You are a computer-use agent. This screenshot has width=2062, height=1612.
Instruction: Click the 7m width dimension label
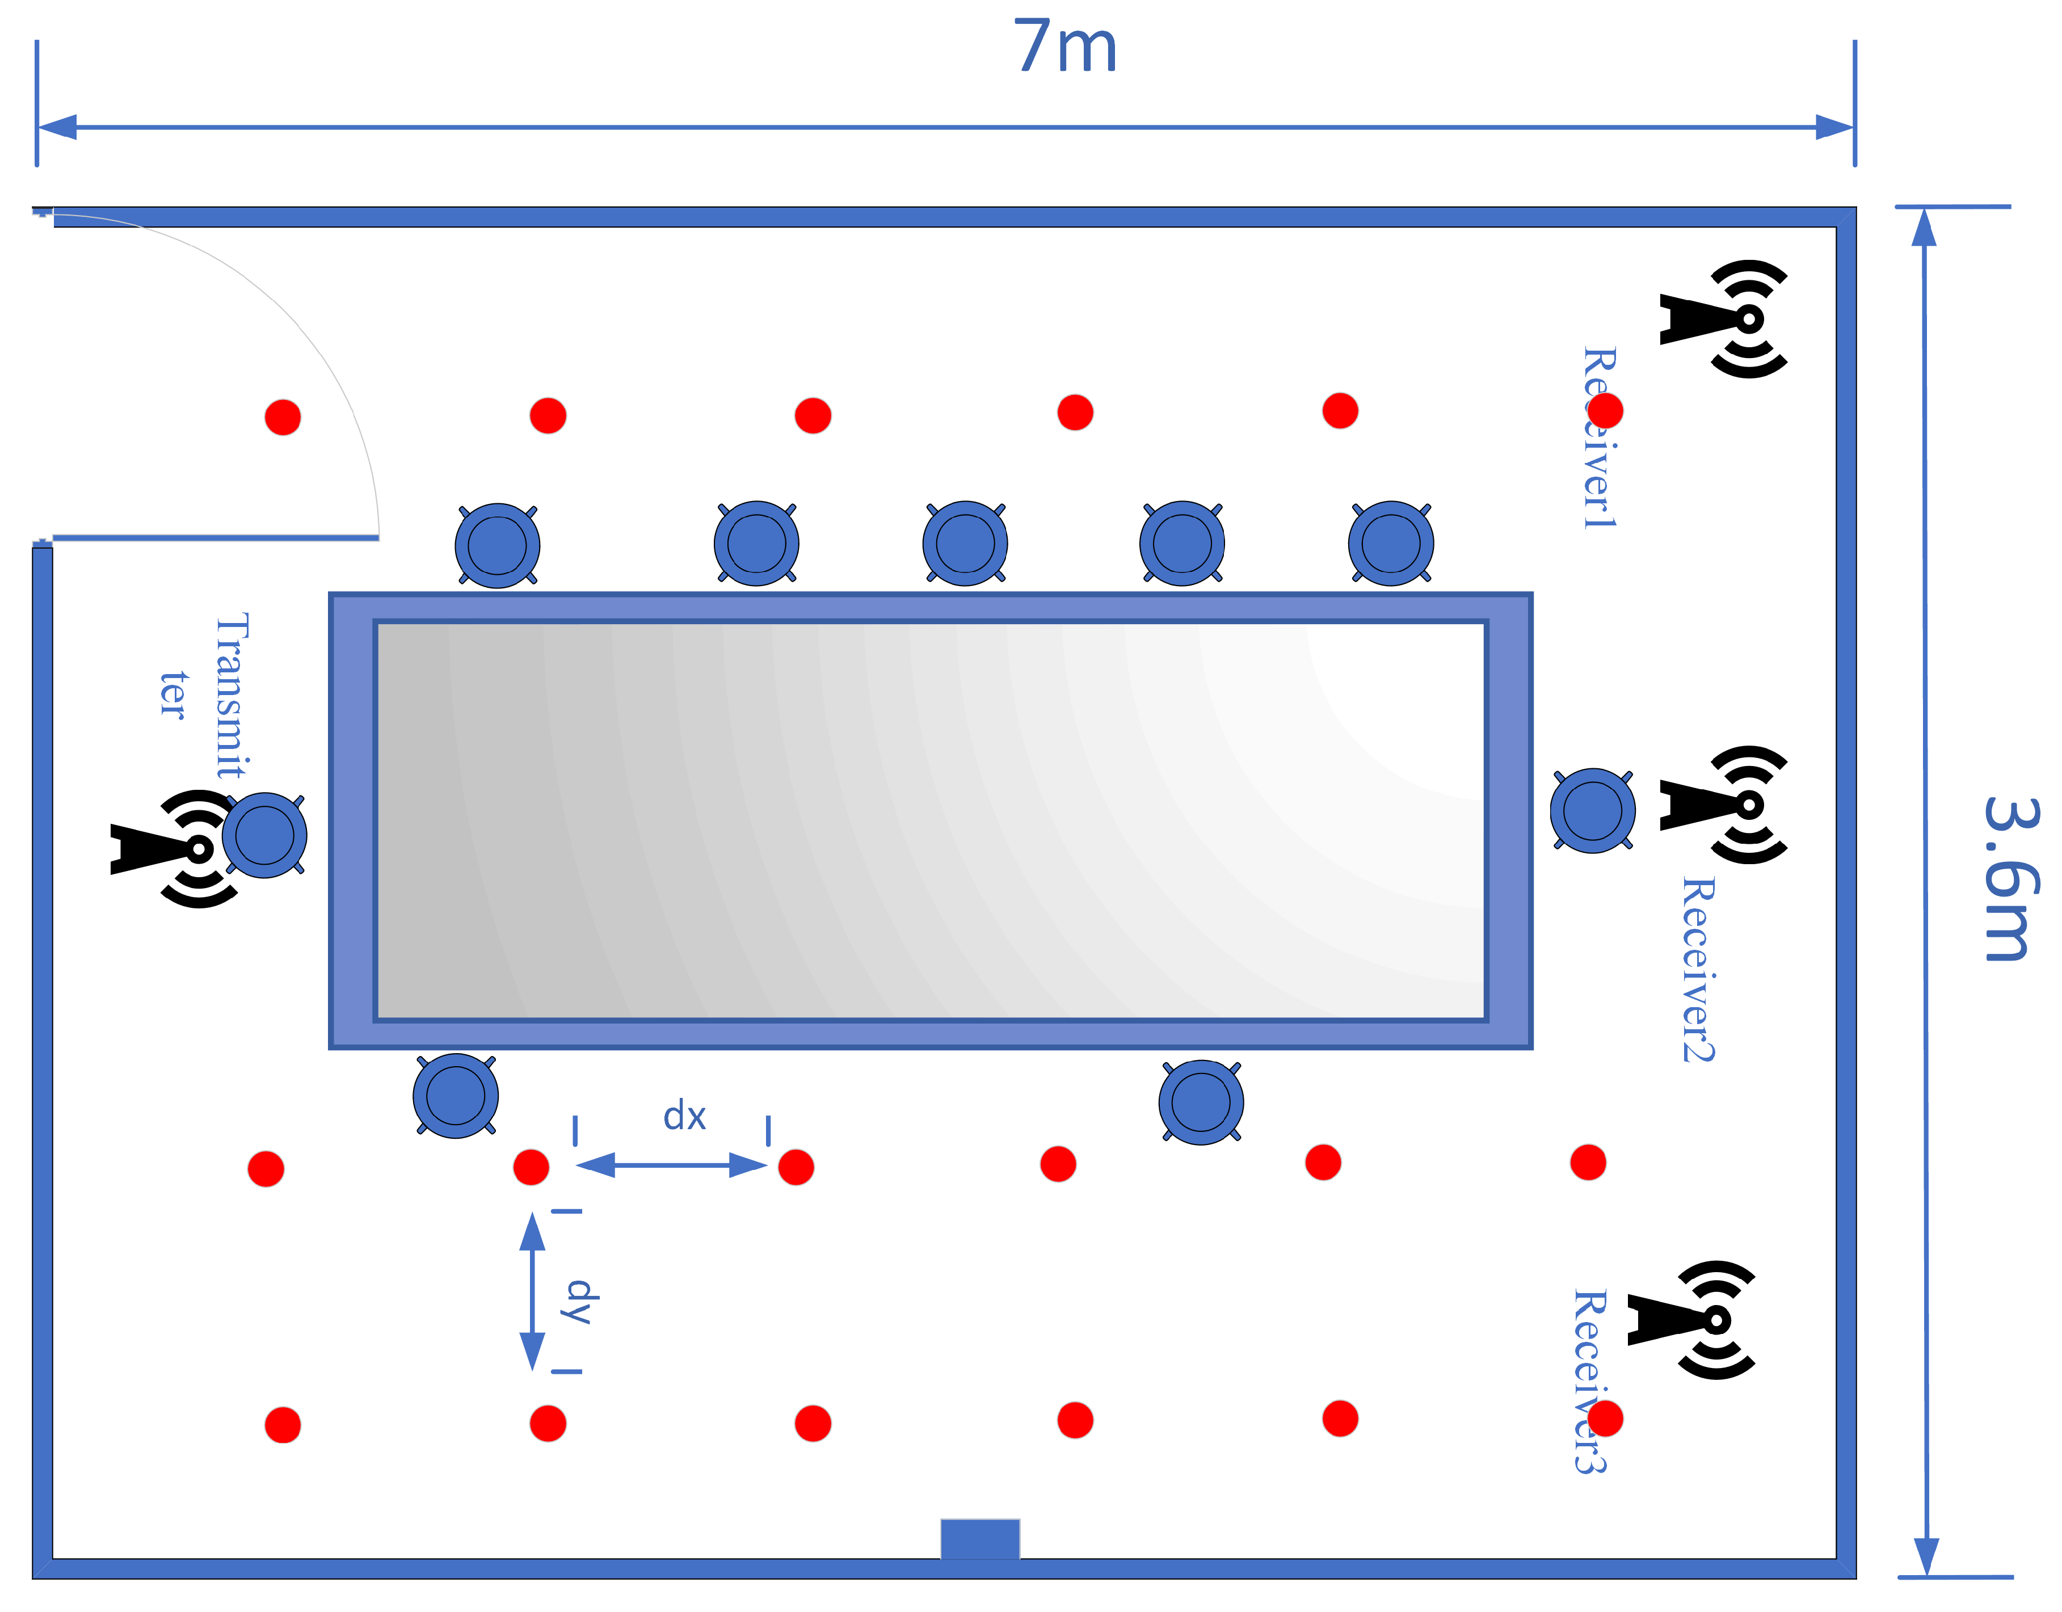pyautogui.click(x=1065, y=47)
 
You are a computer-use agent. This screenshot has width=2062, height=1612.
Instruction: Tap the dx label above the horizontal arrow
pyautogui.click(x=684, y=1116)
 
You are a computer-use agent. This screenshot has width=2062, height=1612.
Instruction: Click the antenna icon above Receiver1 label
pyautogui.click(x=1724, y=319)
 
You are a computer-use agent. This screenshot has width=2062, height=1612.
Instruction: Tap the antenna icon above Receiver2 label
pyautogui.click(x=1724, y=805)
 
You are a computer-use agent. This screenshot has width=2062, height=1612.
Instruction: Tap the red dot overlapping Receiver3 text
pyautogui.click(x=1605, y=1419)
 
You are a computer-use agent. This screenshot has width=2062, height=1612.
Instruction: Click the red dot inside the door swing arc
pyautogui.click(x=283, y=416)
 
